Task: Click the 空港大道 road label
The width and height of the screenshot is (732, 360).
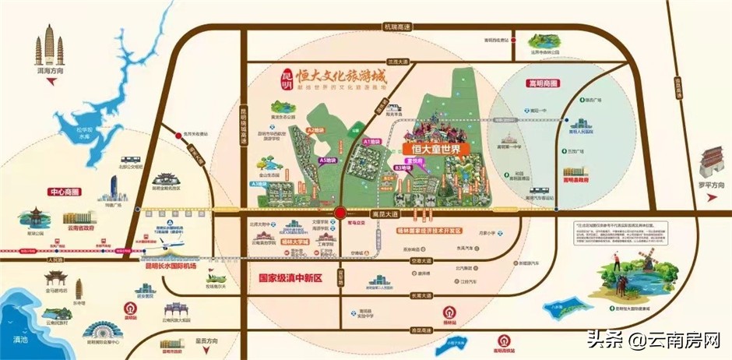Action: (421, 260)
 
